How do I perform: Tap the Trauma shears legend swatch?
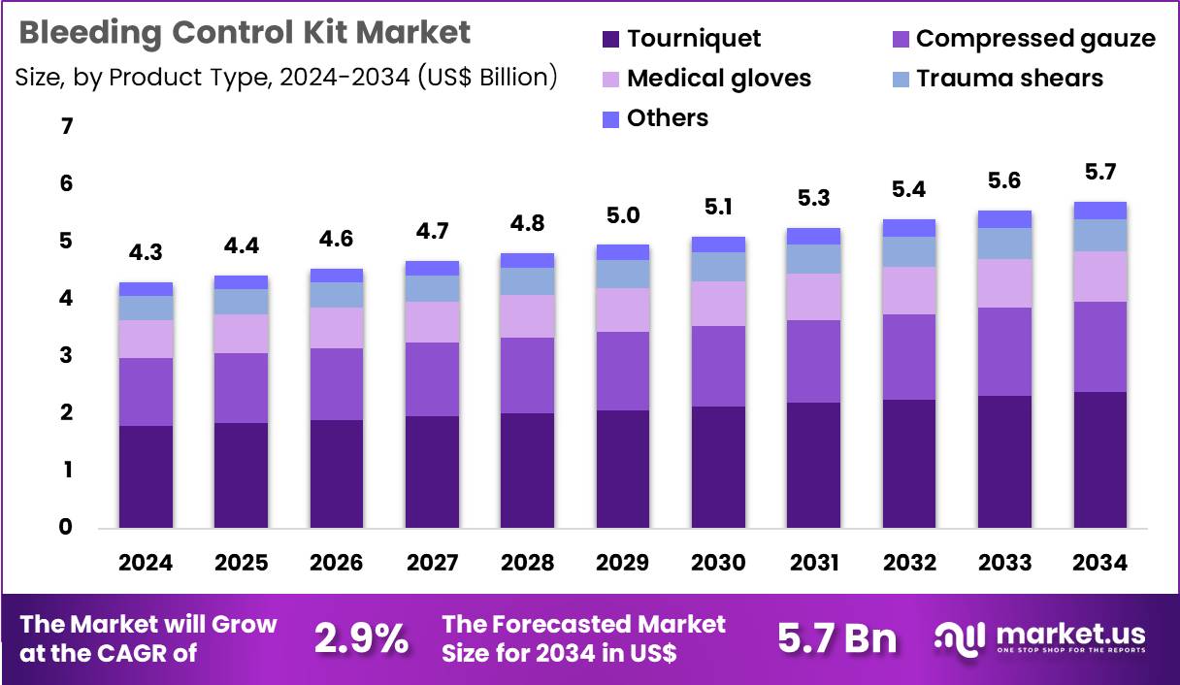coord(901,79)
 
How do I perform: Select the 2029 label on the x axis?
coord(623,564)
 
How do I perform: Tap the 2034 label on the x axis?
coord(1100,564)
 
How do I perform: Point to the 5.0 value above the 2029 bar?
coord(623,215)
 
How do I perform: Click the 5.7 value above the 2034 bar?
coord(1100,173)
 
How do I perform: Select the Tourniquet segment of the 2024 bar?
coord(146,476)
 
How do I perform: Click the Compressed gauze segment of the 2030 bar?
coord(718,366)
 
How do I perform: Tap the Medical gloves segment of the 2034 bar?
coord(1100,277)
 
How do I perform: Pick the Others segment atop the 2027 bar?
coord(432,268)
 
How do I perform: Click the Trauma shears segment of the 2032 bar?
coord(909,252)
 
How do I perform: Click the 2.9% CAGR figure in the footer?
coord(361,638)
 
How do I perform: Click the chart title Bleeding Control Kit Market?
coord(245,33)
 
